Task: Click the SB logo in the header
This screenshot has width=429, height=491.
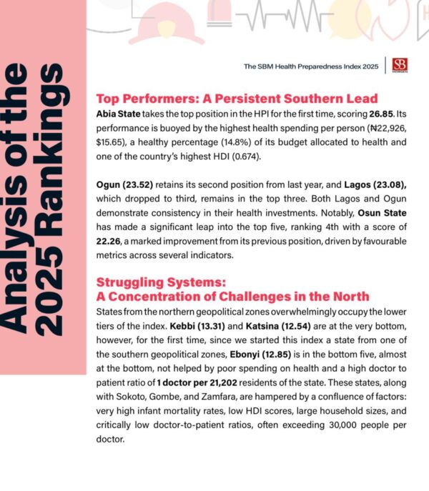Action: tap(400, 66)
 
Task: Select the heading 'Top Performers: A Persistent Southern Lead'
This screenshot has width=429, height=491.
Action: tap(237, 99)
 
